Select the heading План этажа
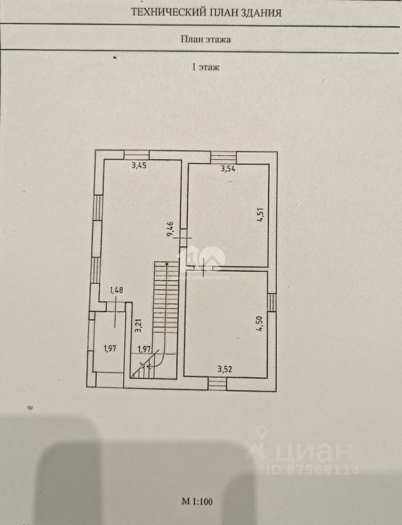(x=205, y=39)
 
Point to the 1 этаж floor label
(x=205, y=68)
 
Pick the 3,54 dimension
(x=228, y=169)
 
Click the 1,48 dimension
(x=117, y=290)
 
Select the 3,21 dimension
(x=139, y=325)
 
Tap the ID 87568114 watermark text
(x=313, y=469)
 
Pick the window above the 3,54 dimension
(x=223, y=156)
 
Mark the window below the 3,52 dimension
(x=217, y=383)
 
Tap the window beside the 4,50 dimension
(x=271, y=302)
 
